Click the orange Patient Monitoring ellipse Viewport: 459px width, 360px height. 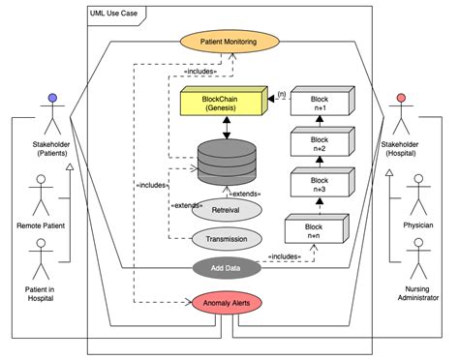(228, 42)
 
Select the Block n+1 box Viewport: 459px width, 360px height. (318, 105)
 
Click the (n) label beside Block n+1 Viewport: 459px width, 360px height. (282, 94)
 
